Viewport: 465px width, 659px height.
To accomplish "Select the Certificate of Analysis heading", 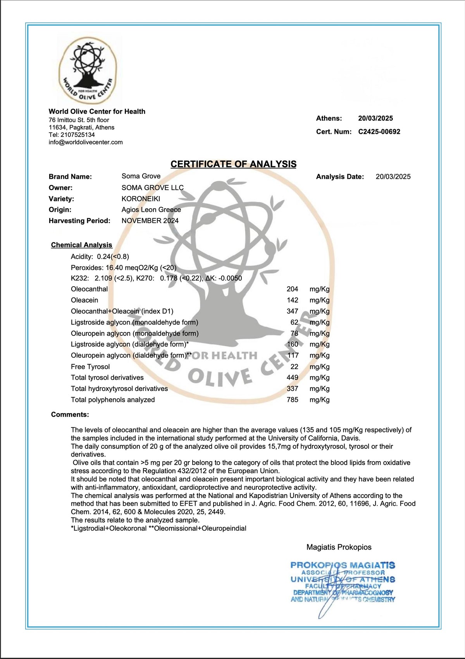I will tap(233, 164).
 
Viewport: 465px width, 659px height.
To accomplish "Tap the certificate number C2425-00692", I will tap(379, 131).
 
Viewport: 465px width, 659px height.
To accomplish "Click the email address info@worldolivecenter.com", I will tap(86, 142).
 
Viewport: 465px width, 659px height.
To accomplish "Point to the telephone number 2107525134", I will tap(77, 135).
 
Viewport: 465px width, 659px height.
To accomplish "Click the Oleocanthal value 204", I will tap(292, 289).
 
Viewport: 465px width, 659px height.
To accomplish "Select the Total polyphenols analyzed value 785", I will tap(292, 400).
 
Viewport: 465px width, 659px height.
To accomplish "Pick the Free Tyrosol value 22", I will tap(294, 367).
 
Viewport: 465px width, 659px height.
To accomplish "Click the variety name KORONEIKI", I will tap(141, 199).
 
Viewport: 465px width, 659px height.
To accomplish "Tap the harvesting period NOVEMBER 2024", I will tap(150, 221).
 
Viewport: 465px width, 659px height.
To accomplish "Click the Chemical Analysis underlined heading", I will tap(81, 245).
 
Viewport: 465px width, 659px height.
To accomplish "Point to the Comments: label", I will tap(70, 415).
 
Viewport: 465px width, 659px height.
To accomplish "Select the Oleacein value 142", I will tap(292, 300).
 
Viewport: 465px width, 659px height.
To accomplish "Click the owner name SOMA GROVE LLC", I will tap(152, 188).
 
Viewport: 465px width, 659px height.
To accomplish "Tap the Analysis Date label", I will tap(340, 176).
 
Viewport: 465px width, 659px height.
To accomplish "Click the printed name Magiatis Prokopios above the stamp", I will tap(339, 547).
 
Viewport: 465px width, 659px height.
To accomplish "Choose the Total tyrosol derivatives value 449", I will tap(292, 377).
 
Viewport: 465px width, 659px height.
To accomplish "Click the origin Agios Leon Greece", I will tap(151, 210).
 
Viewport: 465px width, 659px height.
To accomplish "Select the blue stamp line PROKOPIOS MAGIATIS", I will tap(343, 565).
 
